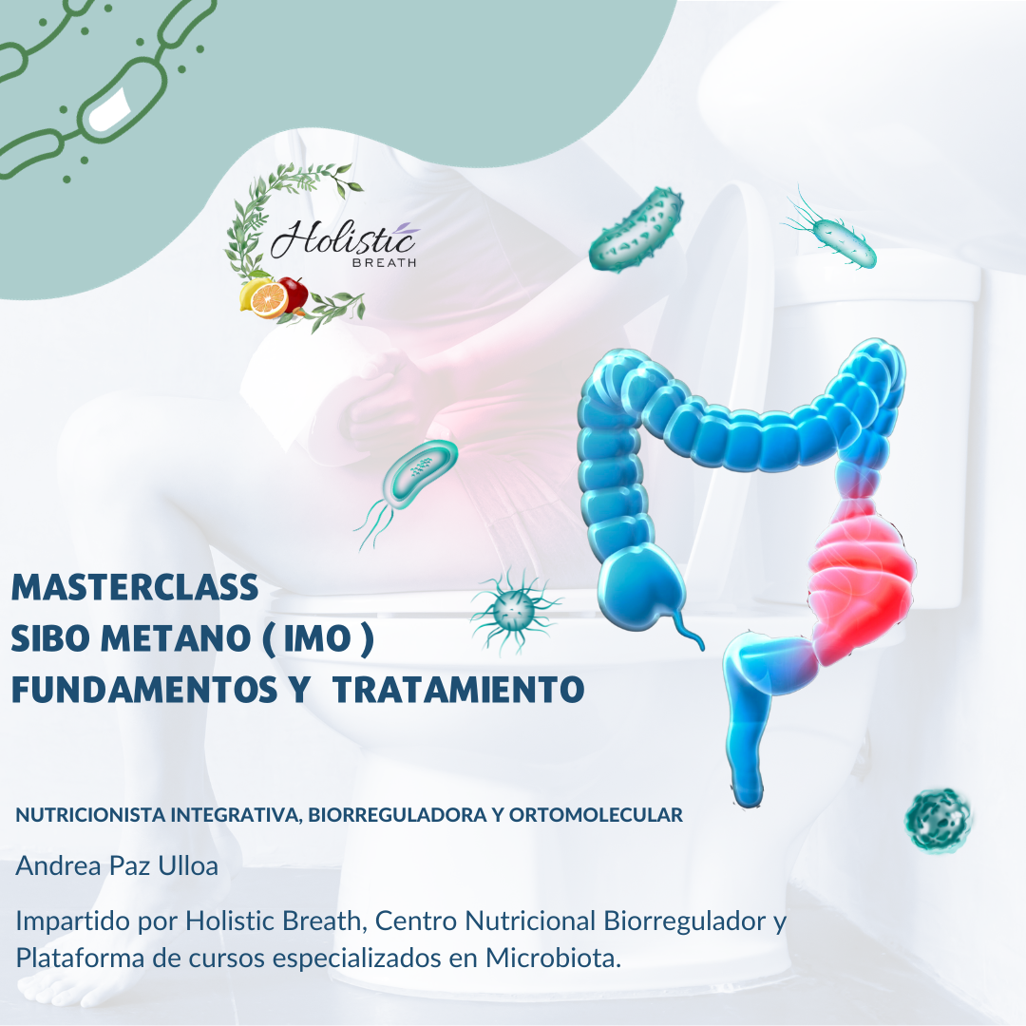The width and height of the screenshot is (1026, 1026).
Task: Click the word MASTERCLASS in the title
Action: coord(135,587)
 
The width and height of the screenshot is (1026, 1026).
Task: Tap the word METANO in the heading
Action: coord(176,638)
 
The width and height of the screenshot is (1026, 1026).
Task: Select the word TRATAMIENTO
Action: coord(458,689)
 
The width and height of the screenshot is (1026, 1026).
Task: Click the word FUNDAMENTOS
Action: coord(144,689)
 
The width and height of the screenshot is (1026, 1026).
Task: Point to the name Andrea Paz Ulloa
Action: coord(117,865)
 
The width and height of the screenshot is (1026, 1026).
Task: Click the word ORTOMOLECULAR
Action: coord(596,815)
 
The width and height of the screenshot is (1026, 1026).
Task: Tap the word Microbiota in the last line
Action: coord(553,958)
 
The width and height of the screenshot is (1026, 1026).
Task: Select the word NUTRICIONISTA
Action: coord(90,815)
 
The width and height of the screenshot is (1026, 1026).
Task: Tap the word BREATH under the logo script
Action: coord(384,263)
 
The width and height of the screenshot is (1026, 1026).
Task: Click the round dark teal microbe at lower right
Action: coord(938,819)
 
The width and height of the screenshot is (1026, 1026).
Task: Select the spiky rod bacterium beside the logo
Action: coord(636,229)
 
